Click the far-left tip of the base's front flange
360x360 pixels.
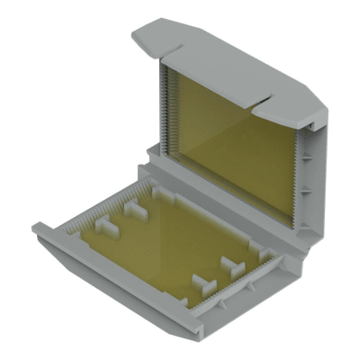[x=36, y=229]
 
